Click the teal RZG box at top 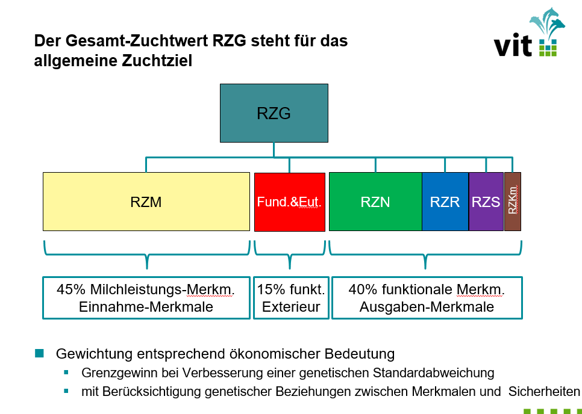click(x=274, y=113)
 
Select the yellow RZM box click(x=146, y=202)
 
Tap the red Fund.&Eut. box click(x=290, y=202)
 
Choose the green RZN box click(x=375, y=202)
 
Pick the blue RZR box click(x=445, y=202)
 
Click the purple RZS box click(x=486, y=202)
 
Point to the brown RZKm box click(x=513, y=202)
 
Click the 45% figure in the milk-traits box click(x=71, y=289)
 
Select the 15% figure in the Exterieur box click(x=271, y=289)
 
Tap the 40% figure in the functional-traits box click(x=363, y=289)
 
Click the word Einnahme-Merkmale click(x=146, y=307)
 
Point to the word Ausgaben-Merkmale click(x=427, y=307)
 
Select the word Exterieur click(x=291, y=307)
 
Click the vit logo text click(x=513, y=45)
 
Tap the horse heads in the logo click(x=548, y=22)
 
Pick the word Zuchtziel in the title click(x=157, y=61)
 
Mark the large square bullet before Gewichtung click(x=39, y=353)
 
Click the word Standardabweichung click(x=434, y=373)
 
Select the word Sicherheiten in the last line click(x=544, y=391)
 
